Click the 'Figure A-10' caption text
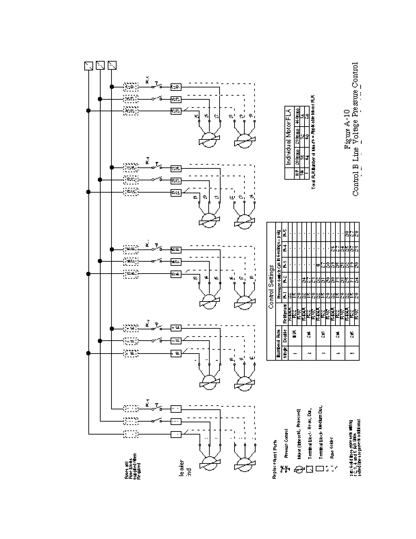[x=347, y=129]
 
